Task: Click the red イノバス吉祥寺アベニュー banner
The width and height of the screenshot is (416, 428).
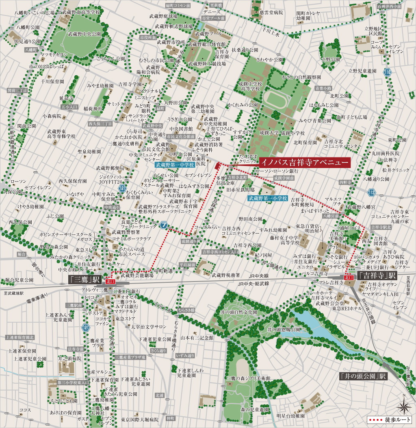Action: point(304,162)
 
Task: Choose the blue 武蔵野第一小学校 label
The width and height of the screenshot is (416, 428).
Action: point(268,198)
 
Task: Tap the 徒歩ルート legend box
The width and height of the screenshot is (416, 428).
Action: point(389,420)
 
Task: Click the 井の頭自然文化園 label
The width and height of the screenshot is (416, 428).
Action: point(239,312)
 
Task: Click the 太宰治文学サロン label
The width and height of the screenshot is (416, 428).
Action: point(146,327)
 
